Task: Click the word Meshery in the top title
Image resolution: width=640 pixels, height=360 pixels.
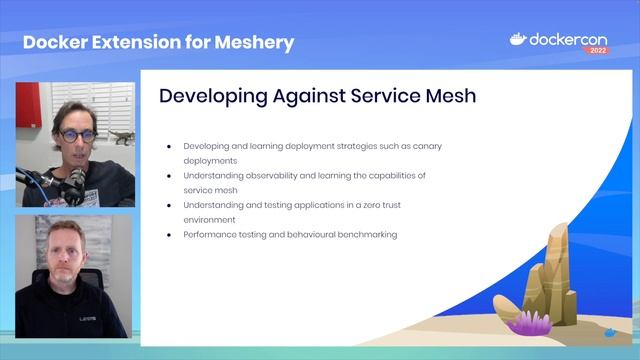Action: pyautogui.click(x=253, y=42)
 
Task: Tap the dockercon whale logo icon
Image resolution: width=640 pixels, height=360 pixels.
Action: pyautogui.click(x=518, y=40)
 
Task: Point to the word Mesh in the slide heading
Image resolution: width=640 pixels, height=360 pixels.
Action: pyautogui.click(x=449, y=96)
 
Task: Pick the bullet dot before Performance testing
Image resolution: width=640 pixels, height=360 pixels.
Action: pyautogui.click(x=169, y=234)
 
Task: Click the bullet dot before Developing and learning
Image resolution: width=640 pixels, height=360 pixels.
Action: pyautogui.click(x=169, y=146)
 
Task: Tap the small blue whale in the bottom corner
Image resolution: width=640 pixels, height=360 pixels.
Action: pyautogui.click(x=611, y=329)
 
